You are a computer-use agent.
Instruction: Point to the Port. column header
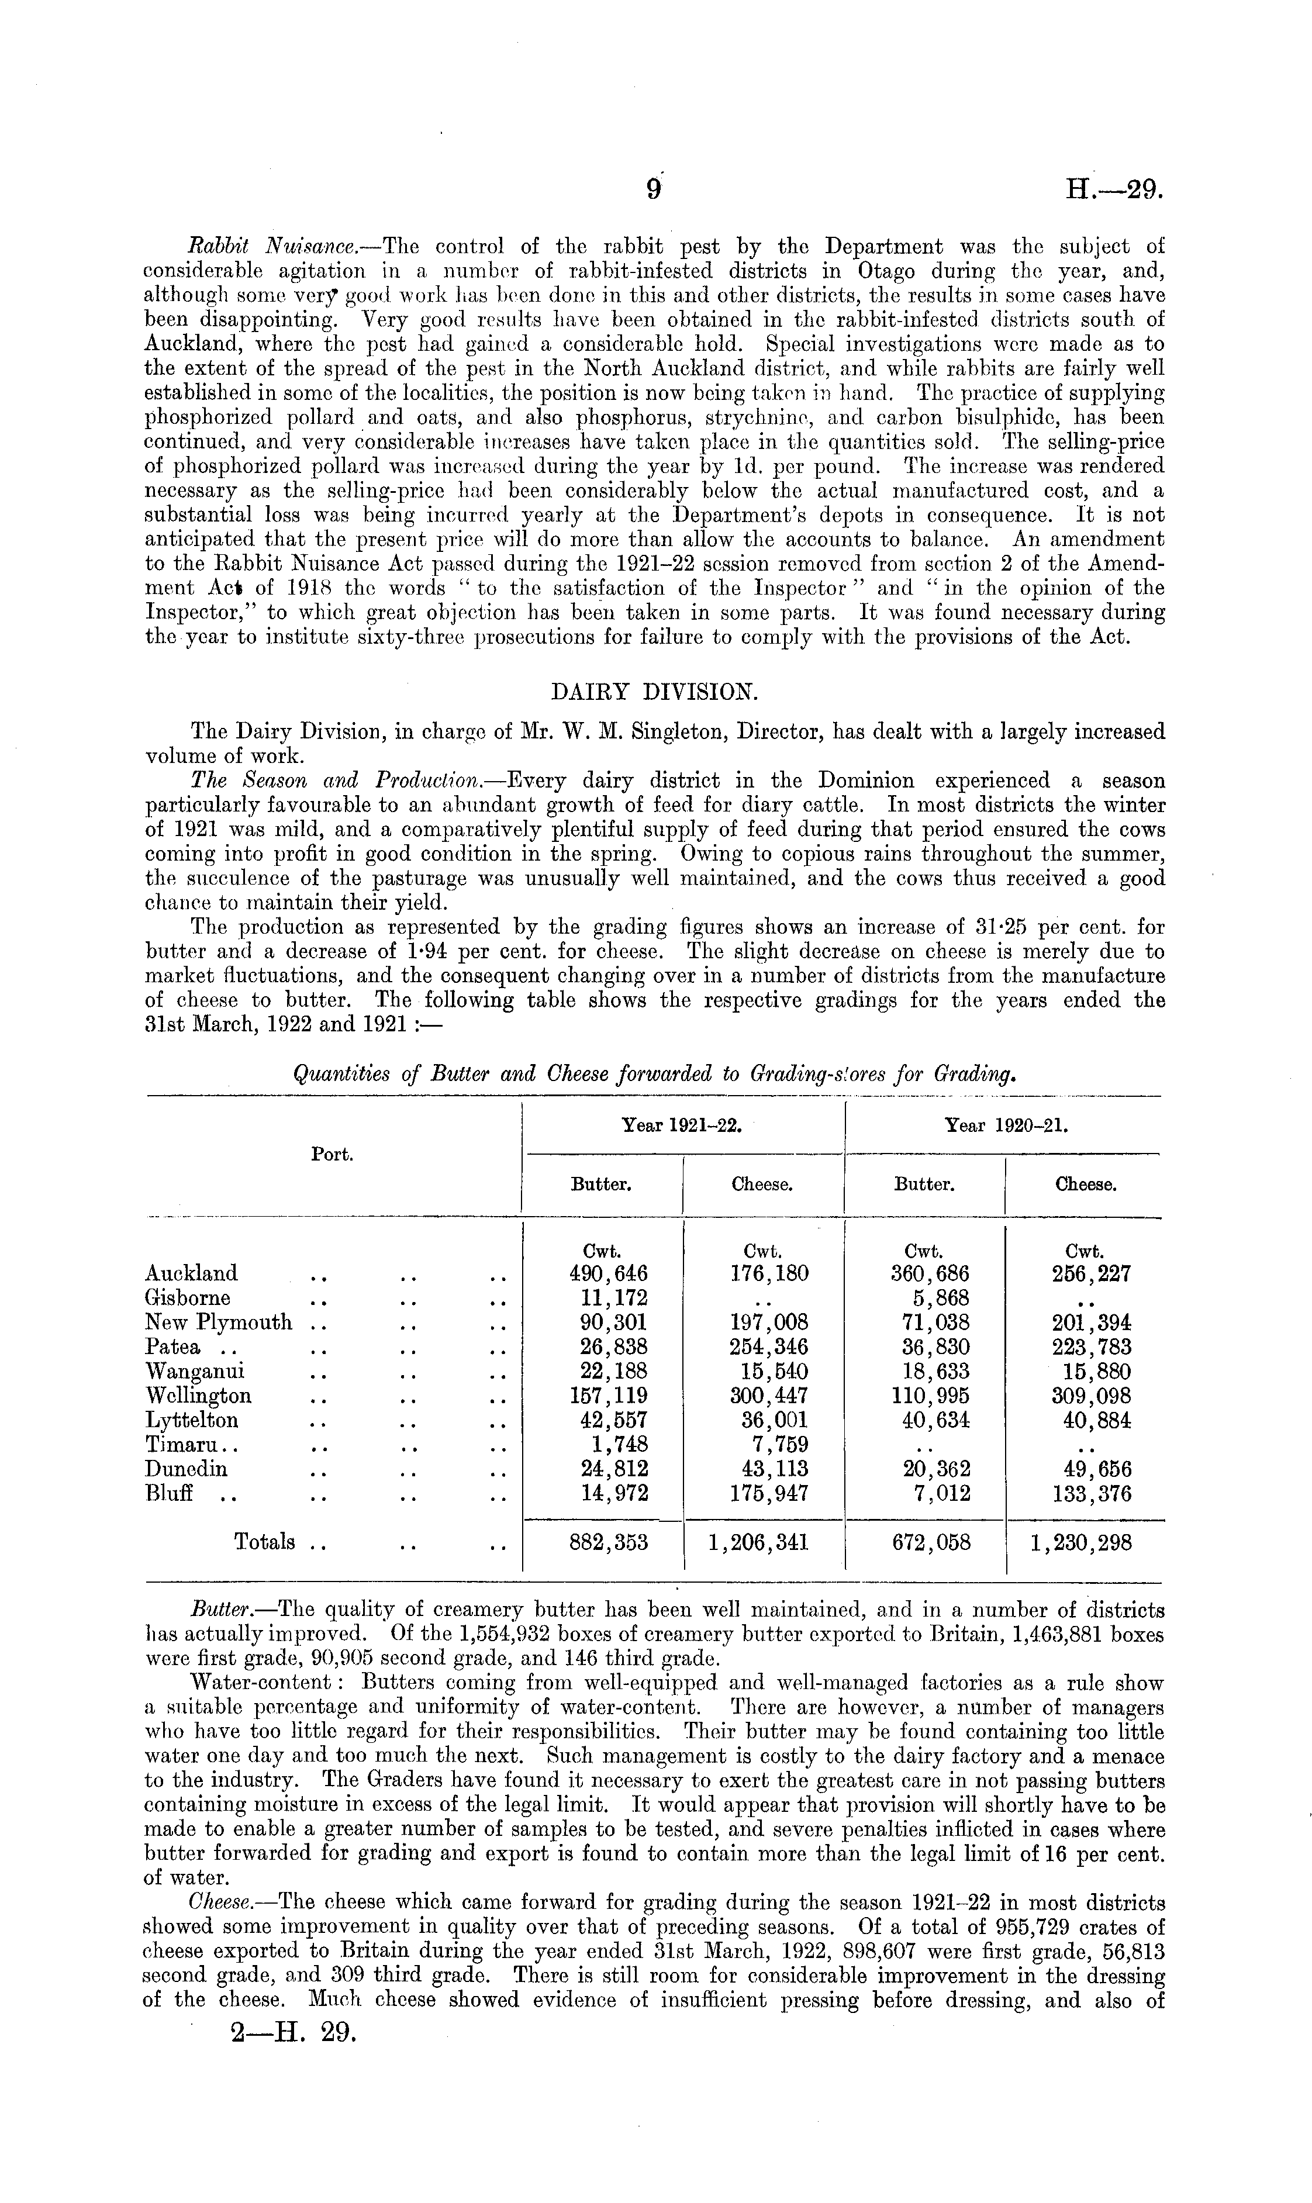click(333, 1155)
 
